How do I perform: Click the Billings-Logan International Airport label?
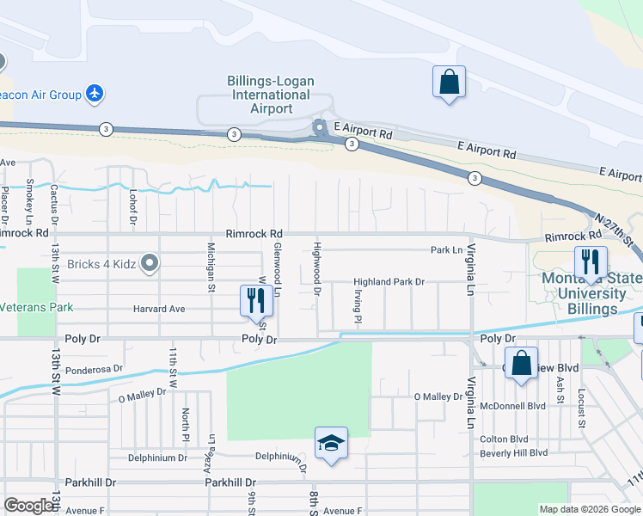point(270,95)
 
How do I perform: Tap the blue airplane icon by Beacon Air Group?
point(95,94)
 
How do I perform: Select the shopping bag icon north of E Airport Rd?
point(449,83)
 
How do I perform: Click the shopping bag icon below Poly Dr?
point(521,363)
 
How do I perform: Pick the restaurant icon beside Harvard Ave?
point(254,300)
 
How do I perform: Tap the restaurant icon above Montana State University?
point(591,261)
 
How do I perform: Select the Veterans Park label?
point(36,307)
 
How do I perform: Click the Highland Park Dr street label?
point(389,282)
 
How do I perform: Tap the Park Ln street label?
point(446,250)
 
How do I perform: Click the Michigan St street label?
point(211,267)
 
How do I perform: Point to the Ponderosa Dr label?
point(95,368)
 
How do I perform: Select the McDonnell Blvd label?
point(514,406)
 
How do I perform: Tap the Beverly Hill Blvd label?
point(514,453)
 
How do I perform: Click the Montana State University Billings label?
point(591,293)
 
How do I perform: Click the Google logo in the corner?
point(28,506)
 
